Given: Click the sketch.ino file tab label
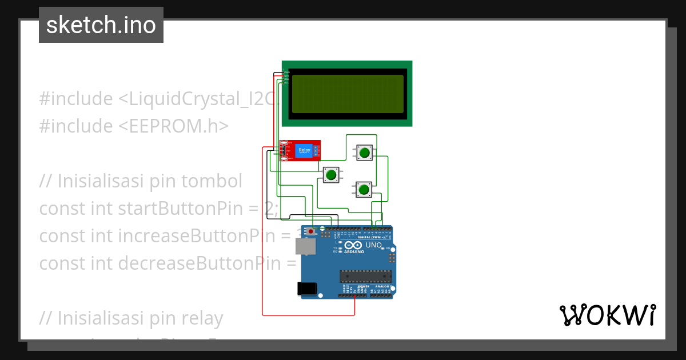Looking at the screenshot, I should tap(101, 25).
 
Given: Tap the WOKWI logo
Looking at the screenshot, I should tap(607, 315).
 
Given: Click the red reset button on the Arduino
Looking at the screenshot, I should tap(310, 231).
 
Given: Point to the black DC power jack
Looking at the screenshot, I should tap(308, 289).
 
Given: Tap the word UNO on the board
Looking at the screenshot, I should tap(373, 245).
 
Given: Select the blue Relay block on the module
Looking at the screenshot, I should tap(304, 151).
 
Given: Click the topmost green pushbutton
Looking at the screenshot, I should tap(364, 152).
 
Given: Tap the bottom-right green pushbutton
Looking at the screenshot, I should tap(363, 189).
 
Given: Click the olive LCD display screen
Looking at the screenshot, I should tap(348, 94).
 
